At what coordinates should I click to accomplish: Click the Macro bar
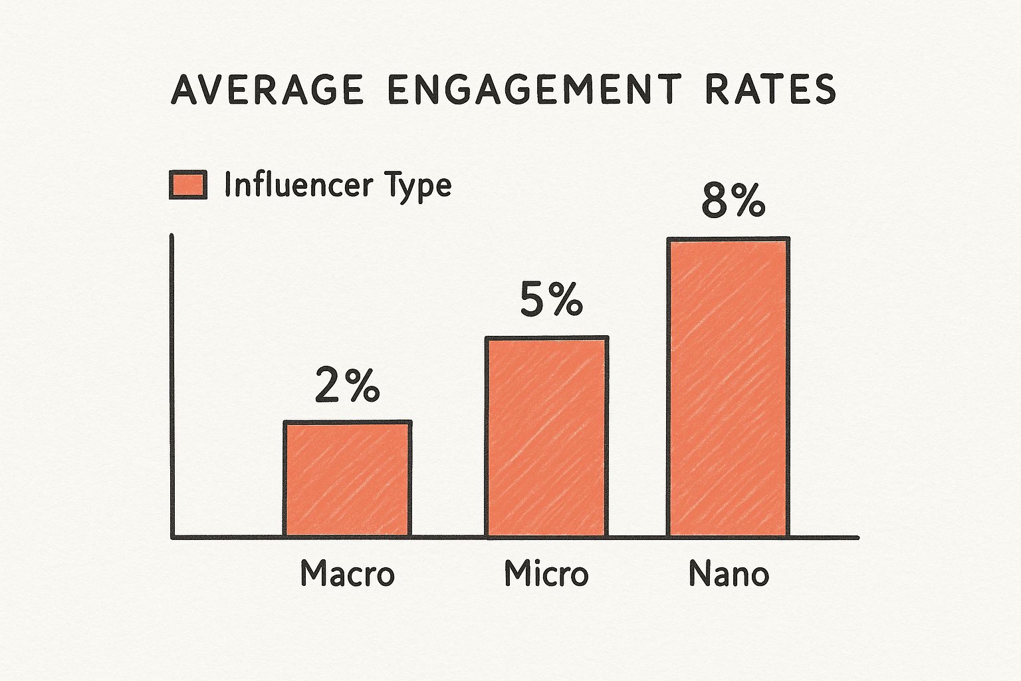348,478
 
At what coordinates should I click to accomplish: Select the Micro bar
546,436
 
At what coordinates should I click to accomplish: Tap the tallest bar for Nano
729,386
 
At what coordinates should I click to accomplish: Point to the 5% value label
551,301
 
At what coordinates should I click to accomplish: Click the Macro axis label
347,573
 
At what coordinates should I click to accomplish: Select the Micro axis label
546,573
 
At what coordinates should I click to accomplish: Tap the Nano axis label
729,573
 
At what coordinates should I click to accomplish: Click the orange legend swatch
188,184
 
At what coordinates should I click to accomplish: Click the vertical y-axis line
172,386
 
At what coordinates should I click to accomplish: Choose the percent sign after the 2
364,386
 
